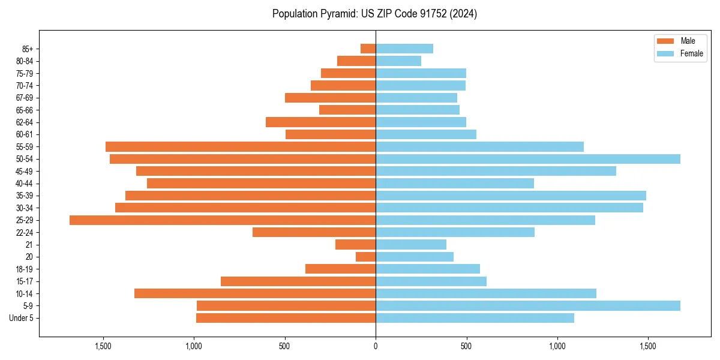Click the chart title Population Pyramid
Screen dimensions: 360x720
[374, 14]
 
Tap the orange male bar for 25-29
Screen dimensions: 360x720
[223, 220]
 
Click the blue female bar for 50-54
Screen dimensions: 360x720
[528, 159]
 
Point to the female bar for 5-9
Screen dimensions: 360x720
[528, 306]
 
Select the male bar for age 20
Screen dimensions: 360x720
[366, 257]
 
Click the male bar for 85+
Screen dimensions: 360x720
[368, 49]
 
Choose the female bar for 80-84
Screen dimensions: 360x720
[398, 61]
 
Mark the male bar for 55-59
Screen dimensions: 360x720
[241, 146]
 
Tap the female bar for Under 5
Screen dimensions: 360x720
[475, 318]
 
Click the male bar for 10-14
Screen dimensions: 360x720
[255, 293]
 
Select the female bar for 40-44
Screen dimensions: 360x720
[455, 184]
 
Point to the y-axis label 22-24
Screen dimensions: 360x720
[25, 233]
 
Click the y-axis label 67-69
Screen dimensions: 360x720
[25, 98]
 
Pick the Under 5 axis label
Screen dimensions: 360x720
[22, 318]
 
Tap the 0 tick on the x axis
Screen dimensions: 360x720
[376, 346]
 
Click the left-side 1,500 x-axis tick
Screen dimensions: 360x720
[103, 346]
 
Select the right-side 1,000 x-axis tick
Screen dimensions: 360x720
[557, 346]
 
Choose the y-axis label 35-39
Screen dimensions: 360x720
[25, 196]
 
